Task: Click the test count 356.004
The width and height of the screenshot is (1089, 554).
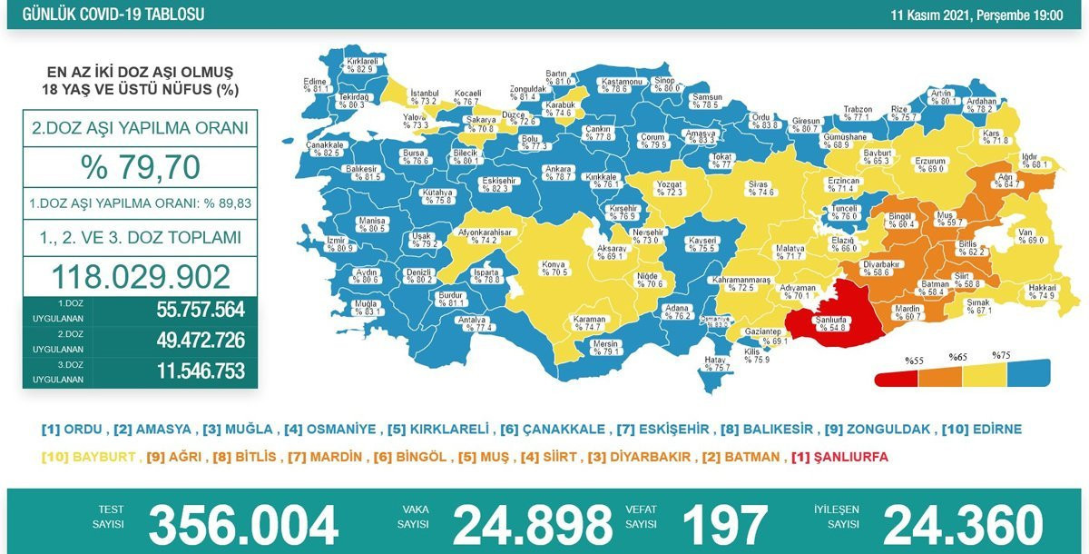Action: [x=243, y=525]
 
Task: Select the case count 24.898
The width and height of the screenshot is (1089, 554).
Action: [x=533, y=525]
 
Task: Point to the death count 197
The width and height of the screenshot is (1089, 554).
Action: [x=725, y=525]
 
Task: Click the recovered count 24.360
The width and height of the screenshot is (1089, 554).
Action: [x=963, y=525]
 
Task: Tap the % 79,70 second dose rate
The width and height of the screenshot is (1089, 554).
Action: [x=140, y=168]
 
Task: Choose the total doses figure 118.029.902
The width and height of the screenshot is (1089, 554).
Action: [x=140, y=276]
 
